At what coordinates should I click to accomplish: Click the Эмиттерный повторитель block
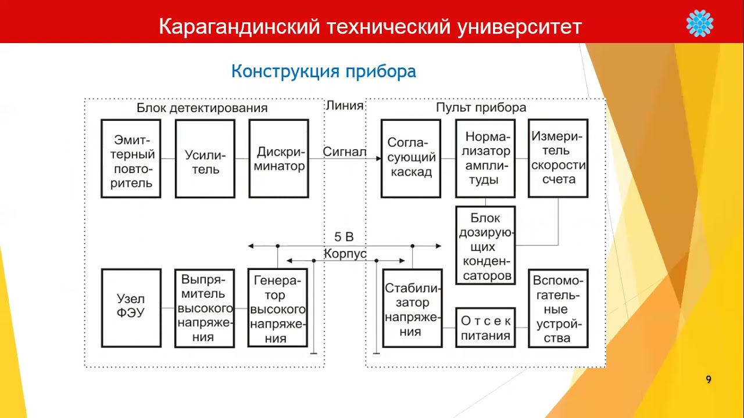pos(131,158)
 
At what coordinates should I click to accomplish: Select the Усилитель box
pos(205,158)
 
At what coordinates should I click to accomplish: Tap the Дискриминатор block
pos(278,158)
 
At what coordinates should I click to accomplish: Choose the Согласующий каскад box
pos(411,158)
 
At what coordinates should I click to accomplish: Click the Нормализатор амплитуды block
pos(485,158)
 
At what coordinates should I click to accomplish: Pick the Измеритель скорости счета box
pos(558,158)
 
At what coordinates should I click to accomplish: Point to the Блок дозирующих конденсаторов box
pos(485,245)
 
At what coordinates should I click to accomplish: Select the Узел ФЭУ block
pos(131,308)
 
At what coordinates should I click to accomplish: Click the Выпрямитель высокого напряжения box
pos(205,308)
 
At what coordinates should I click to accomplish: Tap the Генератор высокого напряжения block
pos(277,308)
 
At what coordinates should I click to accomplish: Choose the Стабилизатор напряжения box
pos(412,308)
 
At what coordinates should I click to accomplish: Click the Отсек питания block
pos(485,327)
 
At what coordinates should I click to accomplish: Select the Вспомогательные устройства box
pos(558,308)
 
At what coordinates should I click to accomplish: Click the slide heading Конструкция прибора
pos(323,71)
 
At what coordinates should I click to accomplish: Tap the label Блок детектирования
pos(202,108)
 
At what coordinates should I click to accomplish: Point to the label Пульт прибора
pos(481,108)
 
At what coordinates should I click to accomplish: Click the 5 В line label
pos(344,237)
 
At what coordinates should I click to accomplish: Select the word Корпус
pos(345,254)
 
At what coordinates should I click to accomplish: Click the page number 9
pos(708,380)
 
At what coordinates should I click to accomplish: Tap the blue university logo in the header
pos(699,23)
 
